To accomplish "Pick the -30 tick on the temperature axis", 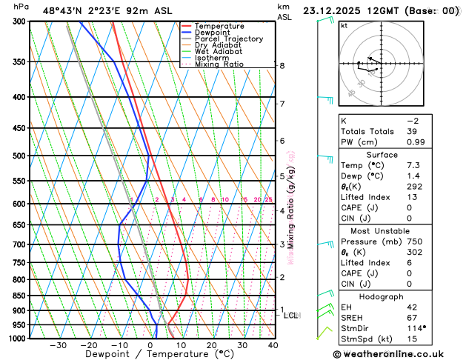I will tap(58, 345).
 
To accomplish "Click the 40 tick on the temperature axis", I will tap(273, 345).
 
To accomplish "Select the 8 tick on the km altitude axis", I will tap(282, 66).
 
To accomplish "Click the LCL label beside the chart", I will tap(291, 316).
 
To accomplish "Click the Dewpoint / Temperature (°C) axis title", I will tap(149, 355).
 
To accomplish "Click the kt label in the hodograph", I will tap(344, 25).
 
